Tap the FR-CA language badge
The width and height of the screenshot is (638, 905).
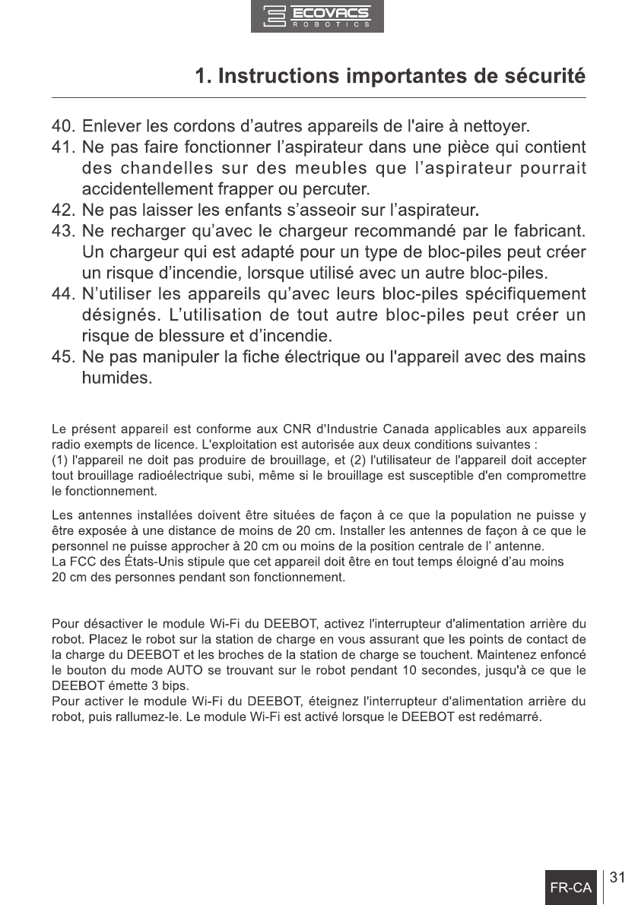[x=571, y=887]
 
